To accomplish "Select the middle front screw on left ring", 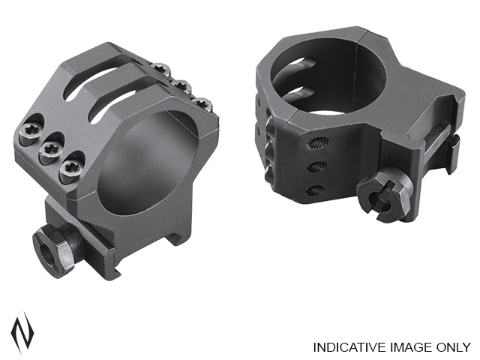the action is pyautogui.click(x=50, y=150).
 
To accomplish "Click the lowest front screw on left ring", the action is pyautogui.click(x=70, y=169).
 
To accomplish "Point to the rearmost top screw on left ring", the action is pyautogui.click(x=162, y=68).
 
